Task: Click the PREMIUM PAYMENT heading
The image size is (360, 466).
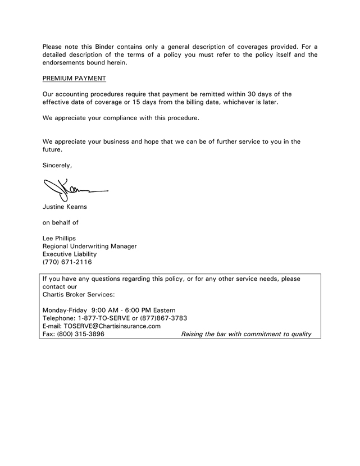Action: (74, 78)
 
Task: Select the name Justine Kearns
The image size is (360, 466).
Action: (66, 208)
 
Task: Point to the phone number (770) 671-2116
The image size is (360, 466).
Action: (67, 262)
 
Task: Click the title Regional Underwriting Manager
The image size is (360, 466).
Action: (90, 246)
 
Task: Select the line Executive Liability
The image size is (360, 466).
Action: (70, 254)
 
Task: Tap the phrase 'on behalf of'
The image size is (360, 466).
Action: (61, 223)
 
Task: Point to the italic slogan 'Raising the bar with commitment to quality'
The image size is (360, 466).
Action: (246, 334)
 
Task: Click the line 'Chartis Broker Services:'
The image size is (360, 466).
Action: (79, 294)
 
